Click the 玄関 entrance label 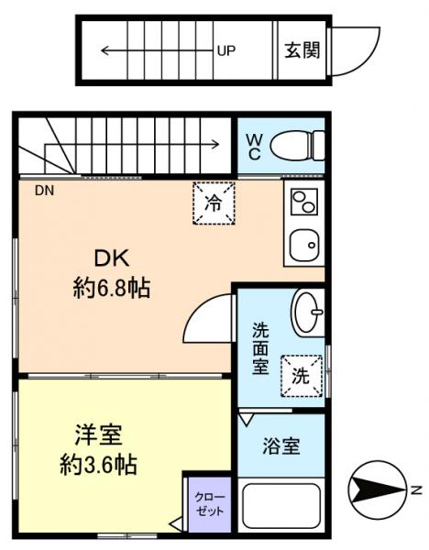302,50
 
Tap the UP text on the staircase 225,51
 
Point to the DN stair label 45,191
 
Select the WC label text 255,147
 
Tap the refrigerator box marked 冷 214,202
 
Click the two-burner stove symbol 302,200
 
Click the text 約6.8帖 111,290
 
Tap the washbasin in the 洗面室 307,313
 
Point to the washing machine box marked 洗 302,374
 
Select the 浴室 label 280,447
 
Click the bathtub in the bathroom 280,506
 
